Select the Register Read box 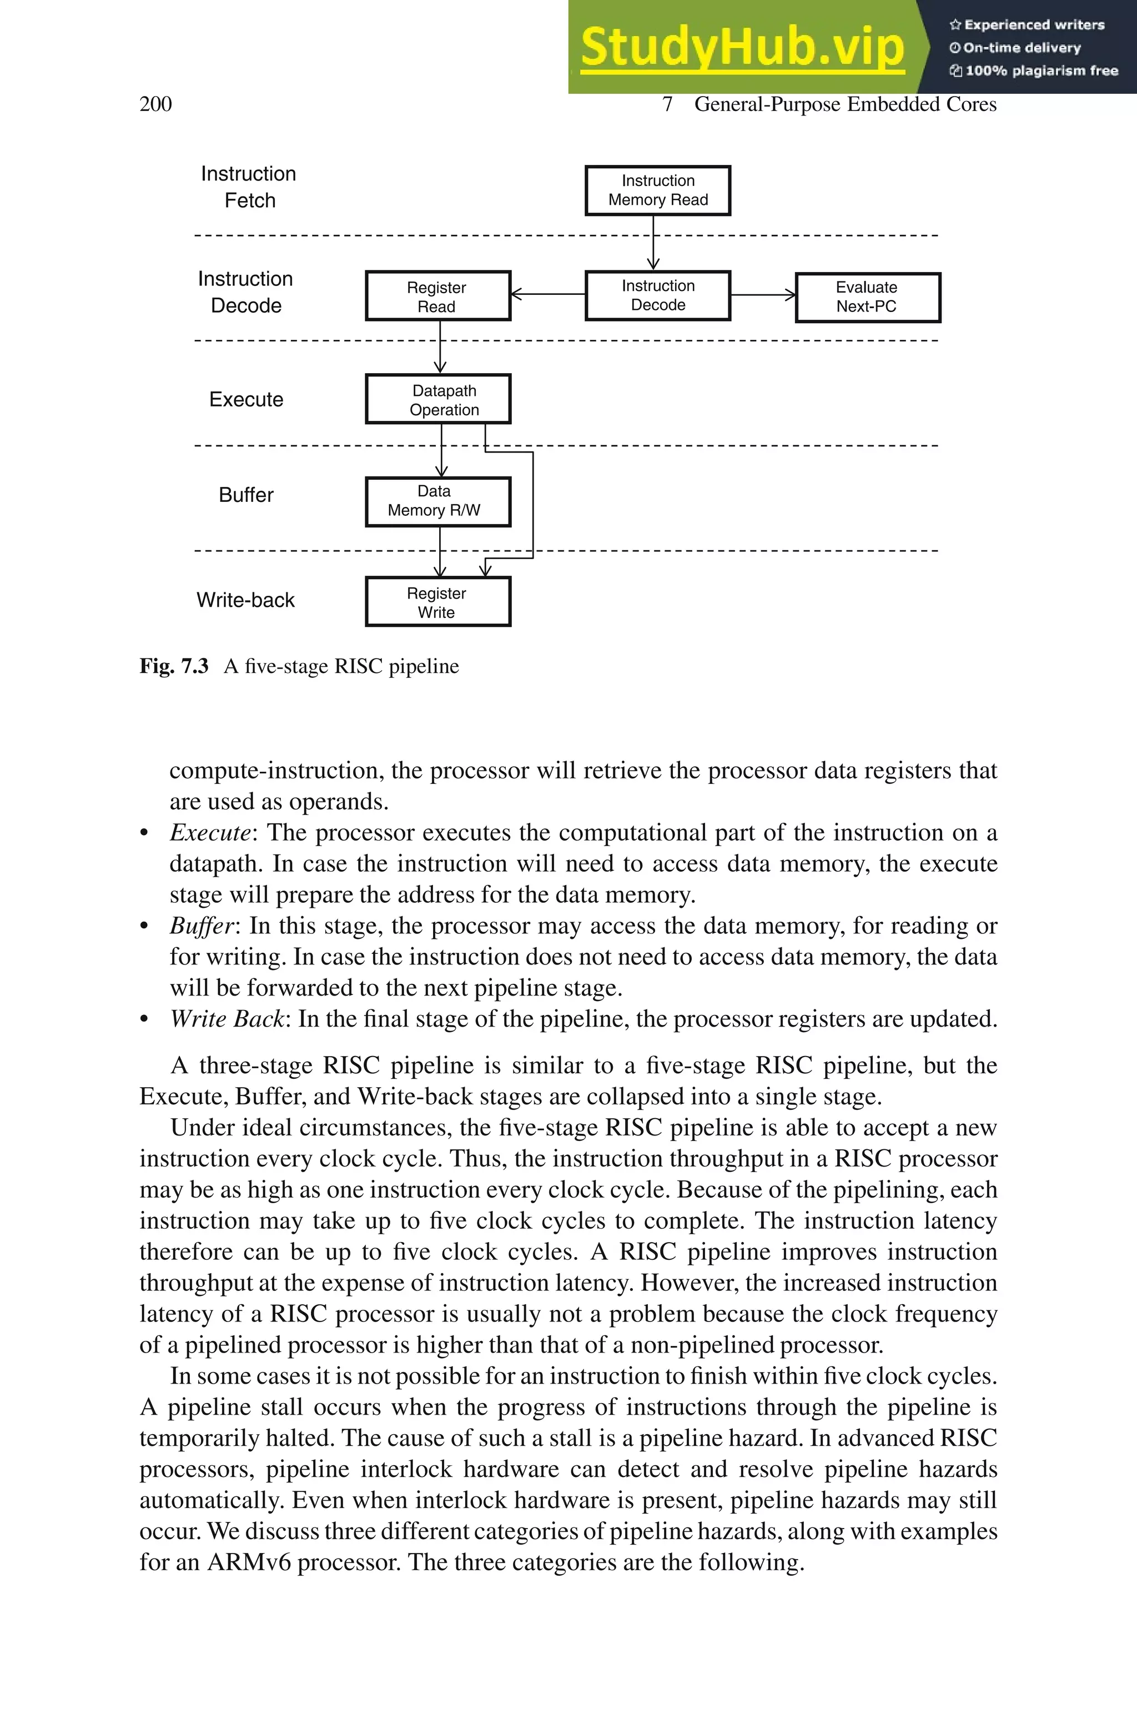click(x=438, y=296)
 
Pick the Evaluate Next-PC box click(x=867, y=297)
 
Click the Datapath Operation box click(x=438, y=399)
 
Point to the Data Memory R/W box click(x=438, y=502)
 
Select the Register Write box click(x=438, y=602)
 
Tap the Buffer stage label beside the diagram click(x=246, y=495)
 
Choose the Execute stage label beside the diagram click(x=246, y=399)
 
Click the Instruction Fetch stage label click(x=249, y=187)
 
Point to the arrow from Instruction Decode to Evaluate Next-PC click(x=763, y=295)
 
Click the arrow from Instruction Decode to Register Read click(x=548, y=294)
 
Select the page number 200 click(x=155, y=104)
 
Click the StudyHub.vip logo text click(x=742, y=47)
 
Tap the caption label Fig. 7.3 click(x=173, y=666)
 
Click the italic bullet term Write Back click(x=228, y=1019)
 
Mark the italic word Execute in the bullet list click(x=209, y=832)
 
